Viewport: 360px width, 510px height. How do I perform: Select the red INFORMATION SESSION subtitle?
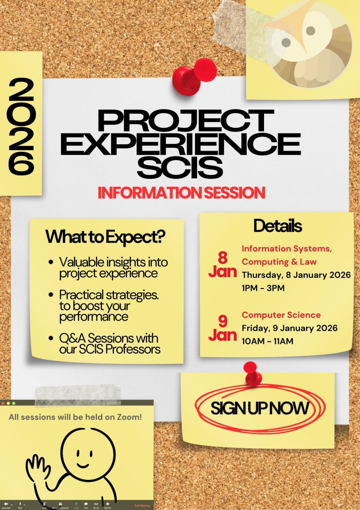(182, 193)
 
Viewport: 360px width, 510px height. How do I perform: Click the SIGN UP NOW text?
(260, 408)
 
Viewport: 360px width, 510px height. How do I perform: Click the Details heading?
(278, 226)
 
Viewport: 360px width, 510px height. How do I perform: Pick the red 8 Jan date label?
(222, 265)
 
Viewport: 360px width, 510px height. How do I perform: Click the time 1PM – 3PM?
(263, 288)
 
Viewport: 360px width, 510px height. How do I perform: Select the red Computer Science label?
(281, 315)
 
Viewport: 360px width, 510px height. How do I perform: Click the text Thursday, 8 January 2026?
(296, 275)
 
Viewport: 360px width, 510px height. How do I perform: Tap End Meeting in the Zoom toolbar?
(142, 506)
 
